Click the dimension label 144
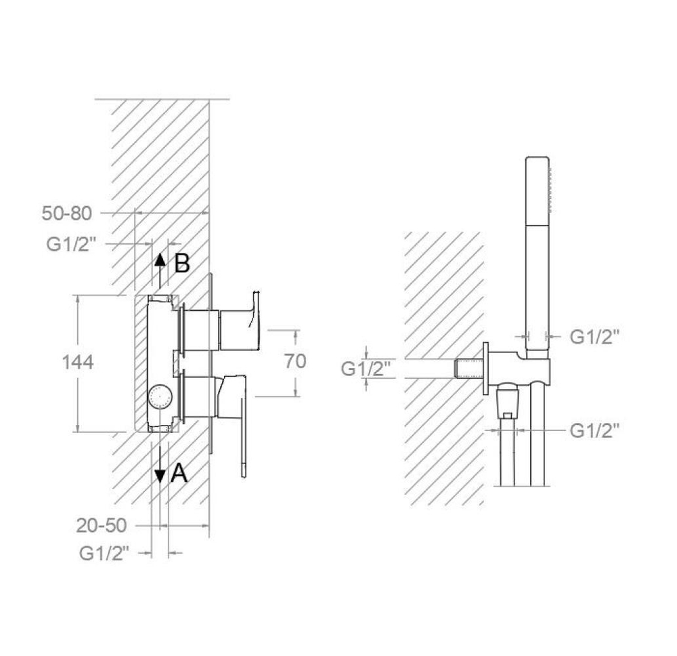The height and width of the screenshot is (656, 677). [78, 362]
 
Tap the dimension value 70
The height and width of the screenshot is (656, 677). [295, 361]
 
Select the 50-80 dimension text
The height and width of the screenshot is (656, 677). [67, 213]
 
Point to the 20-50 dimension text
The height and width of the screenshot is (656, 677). [102, 525]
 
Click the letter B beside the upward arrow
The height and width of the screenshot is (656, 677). [182, 263]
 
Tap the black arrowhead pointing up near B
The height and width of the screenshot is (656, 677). [160, 260]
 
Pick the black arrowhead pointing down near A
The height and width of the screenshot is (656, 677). [160, 476]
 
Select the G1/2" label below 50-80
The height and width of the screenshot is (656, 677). [70, 245]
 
